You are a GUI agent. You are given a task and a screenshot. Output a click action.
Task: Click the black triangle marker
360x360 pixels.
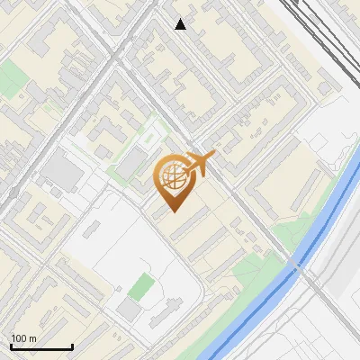tap(181, 24)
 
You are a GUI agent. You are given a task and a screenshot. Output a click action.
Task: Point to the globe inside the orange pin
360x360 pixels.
tap(173, 176)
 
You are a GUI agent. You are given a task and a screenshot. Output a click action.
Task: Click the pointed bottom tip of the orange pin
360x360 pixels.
tap(175, 210)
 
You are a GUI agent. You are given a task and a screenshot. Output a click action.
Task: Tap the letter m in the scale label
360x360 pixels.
tap(32, 338)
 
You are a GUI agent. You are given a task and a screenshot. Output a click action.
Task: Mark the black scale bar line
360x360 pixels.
tap(41, 347)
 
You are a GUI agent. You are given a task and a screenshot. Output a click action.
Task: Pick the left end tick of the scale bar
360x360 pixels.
tap(11, 346)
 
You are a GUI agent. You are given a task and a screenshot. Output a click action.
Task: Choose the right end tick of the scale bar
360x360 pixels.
tap(72, 346)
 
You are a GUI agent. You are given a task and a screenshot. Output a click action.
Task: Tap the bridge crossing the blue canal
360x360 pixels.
tap(294, 267)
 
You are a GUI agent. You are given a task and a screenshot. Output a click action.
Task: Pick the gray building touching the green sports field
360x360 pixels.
tap(129, 309)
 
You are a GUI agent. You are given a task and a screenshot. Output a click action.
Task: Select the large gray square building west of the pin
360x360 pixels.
tap(61, 170)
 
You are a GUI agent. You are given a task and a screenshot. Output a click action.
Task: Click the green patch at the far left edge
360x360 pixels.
tap(11, 81)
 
